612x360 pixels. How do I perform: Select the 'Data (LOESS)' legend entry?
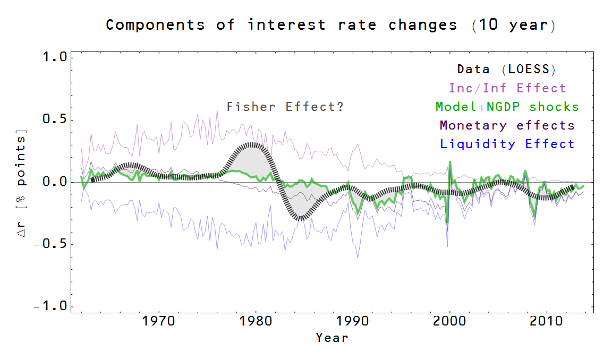coord(506,69)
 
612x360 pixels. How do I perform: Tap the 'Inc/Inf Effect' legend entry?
coord(507,88)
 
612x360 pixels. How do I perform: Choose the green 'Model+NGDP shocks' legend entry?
coord(507,107)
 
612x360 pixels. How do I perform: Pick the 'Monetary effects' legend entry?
coord(507,125)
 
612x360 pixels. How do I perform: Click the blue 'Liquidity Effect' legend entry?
coord(507,144)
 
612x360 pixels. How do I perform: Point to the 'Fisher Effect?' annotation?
coord(285,107)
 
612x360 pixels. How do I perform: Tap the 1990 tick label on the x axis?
coord(353,322)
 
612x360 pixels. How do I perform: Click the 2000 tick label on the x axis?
coord(449,322)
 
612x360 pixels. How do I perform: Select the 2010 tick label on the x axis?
coord(547,322)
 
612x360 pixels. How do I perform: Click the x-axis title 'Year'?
coord(332,338)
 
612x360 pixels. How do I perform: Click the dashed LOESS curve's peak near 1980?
coord(254,144)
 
